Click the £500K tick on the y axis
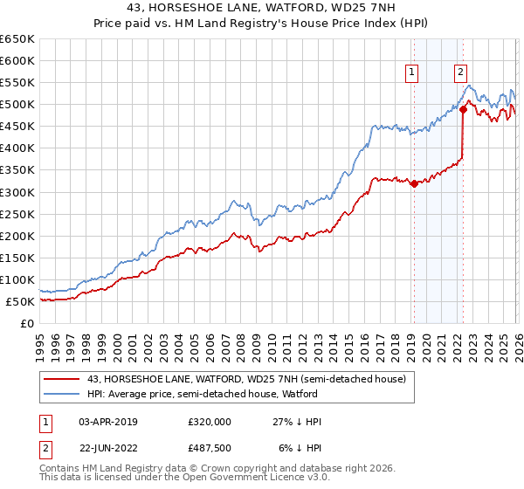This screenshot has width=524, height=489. click(17, 105)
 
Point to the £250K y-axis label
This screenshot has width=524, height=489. click(17, 214)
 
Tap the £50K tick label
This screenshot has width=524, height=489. click(20, 301)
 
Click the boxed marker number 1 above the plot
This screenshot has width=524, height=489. click(411, 73)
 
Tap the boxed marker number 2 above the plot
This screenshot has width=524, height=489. click(460, 73)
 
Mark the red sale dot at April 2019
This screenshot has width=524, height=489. click(413, 183)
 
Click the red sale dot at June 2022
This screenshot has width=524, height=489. click(463, 110)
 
